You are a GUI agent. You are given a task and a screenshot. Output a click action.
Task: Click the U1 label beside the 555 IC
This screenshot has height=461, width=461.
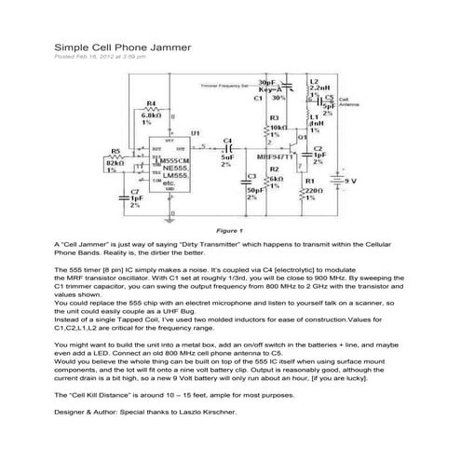[195, 133]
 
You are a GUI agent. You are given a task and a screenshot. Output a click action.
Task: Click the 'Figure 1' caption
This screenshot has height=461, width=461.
[228, 229]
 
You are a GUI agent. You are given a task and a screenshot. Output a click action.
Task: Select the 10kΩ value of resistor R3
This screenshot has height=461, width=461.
[278, 126]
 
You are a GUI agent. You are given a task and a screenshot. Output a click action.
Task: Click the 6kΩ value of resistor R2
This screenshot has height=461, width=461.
[275, 177]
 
